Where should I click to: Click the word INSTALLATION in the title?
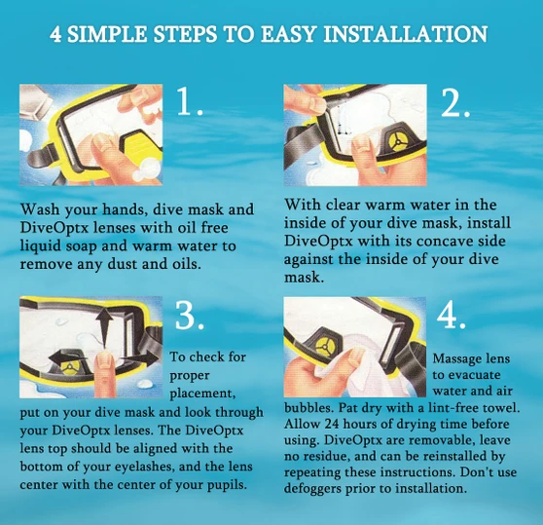(406, 34)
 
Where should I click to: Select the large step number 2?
(455, 102)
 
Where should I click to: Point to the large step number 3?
(189, 316)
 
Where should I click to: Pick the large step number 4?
(451, 316)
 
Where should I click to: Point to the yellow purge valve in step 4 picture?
(326, 346)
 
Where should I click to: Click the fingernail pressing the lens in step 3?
(104, 360)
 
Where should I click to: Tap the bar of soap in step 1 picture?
(34, 103)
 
